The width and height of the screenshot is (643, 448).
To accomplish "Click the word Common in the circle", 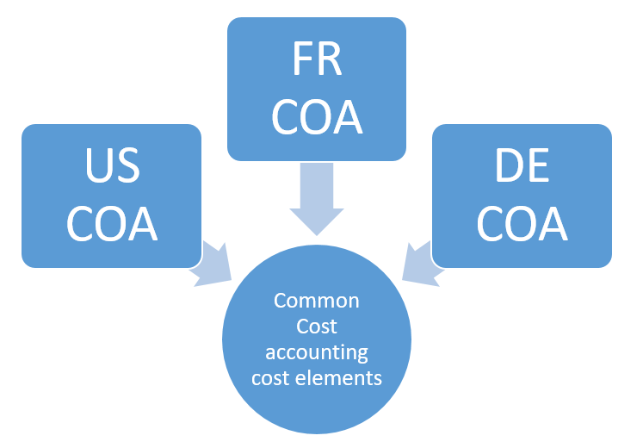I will pyautogui.click(x=317, y=302).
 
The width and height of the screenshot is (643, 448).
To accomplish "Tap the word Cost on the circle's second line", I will pyautogui.click(x=317, y=327).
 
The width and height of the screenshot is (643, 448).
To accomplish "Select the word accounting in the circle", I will pyautogui.click(x=317, y=352).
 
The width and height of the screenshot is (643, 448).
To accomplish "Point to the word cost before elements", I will pyautogui.click(x=269, y=377).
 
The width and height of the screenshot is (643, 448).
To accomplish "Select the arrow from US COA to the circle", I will pyautogui.click(x=212, y=263).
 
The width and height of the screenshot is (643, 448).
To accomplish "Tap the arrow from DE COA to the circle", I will pyautogui.click(x=421, y=263).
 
